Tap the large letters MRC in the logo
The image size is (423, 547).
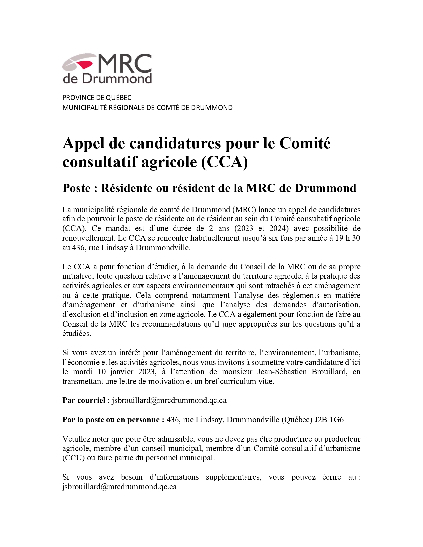(x=124, y=63)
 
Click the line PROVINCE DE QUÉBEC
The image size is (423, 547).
(x=97, y=98)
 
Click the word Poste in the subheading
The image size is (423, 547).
(x=76, y=188)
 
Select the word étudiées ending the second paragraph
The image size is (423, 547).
(x=77, y=334)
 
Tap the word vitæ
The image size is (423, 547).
(x=266, y=381)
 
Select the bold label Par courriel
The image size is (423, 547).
(x=86, y=400)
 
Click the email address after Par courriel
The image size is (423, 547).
(x=169, y=400)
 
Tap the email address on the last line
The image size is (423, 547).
(x=119, y=487)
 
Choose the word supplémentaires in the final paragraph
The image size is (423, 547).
(x=234, y=477)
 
